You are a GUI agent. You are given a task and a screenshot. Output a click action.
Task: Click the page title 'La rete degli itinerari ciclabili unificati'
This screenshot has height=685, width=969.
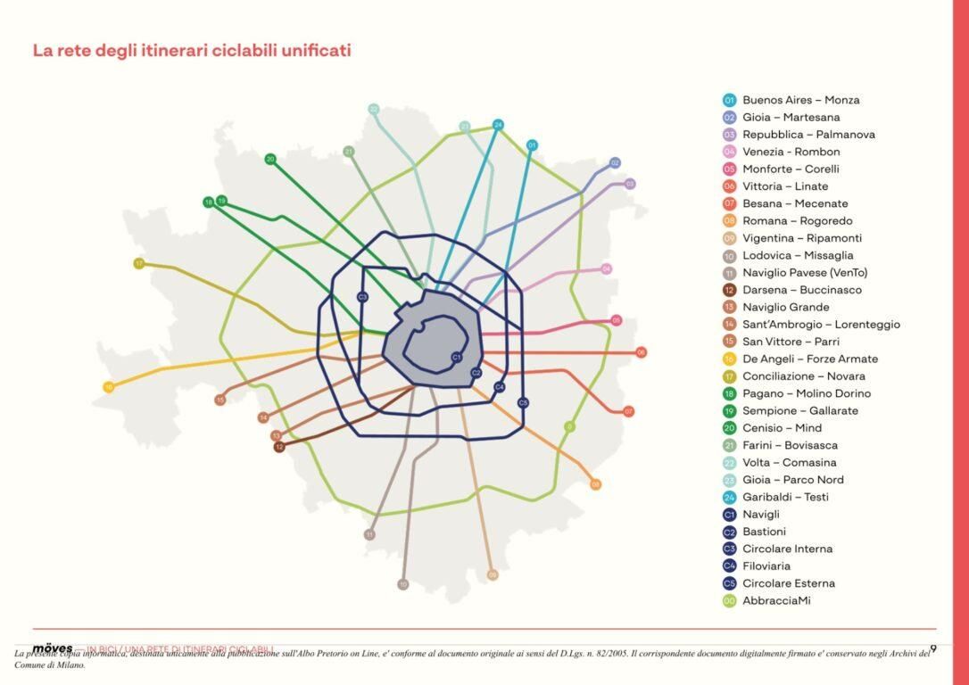click(x=192, y=51)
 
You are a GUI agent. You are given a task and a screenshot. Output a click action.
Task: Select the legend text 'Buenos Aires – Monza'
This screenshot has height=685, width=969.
click(x=800, y=100)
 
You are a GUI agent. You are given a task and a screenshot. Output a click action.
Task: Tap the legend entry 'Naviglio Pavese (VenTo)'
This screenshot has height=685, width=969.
click(x=804, y=273)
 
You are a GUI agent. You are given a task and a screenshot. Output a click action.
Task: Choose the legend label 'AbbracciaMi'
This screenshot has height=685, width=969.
click(x=776, y=601)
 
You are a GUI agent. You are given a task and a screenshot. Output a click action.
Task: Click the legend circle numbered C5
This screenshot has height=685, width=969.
click(x=729, y=583)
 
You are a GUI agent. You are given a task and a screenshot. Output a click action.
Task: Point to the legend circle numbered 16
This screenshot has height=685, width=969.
click(x=729, y=359)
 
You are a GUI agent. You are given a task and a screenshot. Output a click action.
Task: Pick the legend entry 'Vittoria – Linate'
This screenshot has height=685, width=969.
click(x=784, y=186)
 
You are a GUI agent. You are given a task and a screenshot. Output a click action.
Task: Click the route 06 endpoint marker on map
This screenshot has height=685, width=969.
click(x=641, y=352)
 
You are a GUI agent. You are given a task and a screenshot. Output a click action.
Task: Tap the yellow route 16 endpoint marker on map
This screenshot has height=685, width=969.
click(x=108, y=387)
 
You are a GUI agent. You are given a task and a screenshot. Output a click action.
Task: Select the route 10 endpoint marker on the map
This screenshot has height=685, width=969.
click(x=402, y=584)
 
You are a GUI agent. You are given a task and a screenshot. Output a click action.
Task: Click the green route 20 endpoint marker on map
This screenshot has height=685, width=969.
click(x=270, y=160)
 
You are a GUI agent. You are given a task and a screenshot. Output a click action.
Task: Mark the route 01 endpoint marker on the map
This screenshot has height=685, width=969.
click(x=532, y=144)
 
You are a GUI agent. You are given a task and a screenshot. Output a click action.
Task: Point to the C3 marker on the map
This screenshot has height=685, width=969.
click(x=362, y=297)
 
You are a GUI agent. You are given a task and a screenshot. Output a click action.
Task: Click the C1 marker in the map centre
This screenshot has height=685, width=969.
click(x=456, y=357)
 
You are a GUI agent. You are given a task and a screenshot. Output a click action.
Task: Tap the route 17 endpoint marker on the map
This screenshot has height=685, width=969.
click(x=139, y=263)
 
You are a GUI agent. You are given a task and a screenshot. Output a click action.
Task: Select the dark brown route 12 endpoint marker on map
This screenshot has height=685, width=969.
click(x=279, y=447)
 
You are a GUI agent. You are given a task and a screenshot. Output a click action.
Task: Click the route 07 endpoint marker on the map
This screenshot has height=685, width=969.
click(x=628, y=411)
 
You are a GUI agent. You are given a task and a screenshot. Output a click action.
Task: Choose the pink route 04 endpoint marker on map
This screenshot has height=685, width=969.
click(x=606, y=268)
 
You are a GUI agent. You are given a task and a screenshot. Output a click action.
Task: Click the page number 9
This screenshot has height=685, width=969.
click(x=933, y=648)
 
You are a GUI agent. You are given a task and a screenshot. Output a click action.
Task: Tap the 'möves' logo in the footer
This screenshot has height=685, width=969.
click(x=52, y=648)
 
